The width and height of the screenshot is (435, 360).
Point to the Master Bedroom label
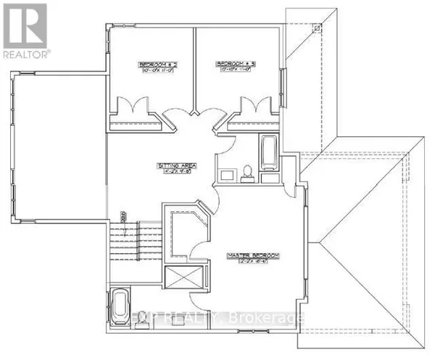[x=254, y=254]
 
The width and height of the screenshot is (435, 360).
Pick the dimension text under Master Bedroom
[x=254, y=262]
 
